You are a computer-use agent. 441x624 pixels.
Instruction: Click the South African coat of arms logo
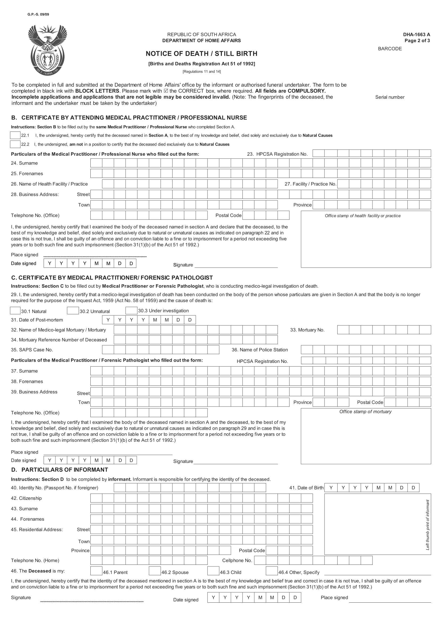pyautogui.click(x=47, y=50)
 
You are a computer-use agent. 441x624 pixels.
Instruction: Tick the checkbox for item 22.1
pyautogui.click(x=15, y=135)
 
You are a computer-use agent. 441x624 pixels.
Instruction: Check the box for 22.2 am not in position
pyautogui.click(x=15, y=144)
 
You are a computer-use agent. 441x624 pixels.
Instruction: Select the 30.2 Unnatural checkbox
pyautogui.click(x=73, y=310)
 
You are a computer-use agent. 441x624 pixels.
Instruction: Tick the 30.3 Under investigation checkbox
pyautogui.click(x=131, y=310)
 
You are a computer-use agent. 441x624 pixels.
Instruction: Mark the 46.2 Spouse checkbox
pyautogui.click(x=155, y=571)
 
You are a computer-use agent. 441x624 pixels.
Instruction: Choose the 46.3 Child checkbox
pyautogui.click(x=213, y=571)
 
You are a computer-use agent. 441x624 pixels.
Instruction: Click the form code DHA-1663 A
pyautogui.click(x=416, y=34)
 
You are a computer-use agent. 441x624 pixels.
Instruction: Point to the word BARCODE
pyautogui.click(x=390, y=49)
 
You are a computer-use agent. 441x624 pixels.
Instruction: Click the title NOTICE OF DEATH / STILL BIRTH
pyautogui.click(x=201, y=54)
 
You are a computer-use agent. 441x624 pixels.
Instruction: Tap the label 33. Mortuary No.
pyautogui.click(x=307, y=330)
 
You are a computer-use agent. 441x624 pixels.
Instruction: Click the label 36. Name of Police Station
pyautogui.click(x=260, y=350)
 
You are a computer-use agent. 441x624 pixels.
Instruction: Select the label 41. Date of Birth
pyautogui.click(x=306, y=488)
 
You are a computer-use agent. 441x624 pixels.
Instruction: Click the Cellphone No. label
pyautogui.click(x=237, y=561)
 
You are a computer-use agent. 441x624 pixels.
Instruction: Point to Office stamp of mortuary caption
pyautogui.click(x=365, y=412)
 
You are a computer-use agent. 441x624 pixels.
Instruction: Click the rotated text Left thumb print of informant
pyautogui.click(x=427, y=525)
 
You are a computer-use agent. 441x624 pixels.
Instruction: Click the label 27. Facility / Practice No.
pyautogui.click(x=310, y=184)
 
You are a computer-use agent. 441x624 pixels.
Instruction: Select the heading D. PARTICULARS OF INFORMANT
pyautogui.click(x=59, y=470)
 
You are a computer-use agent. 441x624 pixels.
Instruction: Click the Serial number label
pyautogui.click(x=390, y=97)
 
